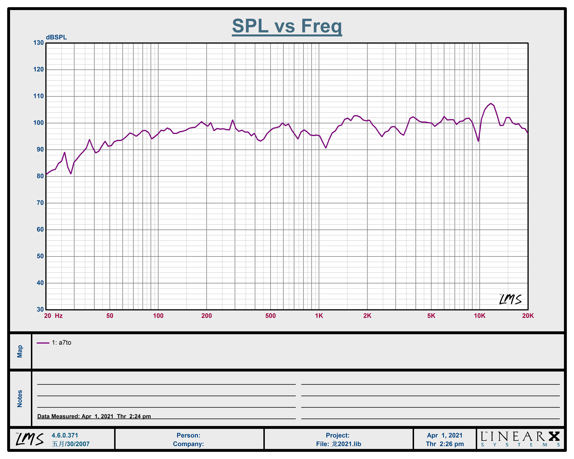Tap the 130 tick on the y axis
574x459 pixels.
tap(38, 43)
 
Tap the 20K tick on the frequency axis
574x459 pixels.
tap(528, 316)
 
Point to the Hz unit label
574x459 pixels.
tap(59, 316)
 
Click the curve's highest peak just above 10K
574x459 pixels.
tap(491, 103)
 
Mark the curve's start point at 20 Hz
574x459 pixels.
tap(46, 175)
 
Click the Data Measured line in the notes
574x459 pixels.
tap(94, 416)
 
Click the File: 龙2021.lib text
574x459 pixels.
tap(338, 444)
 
